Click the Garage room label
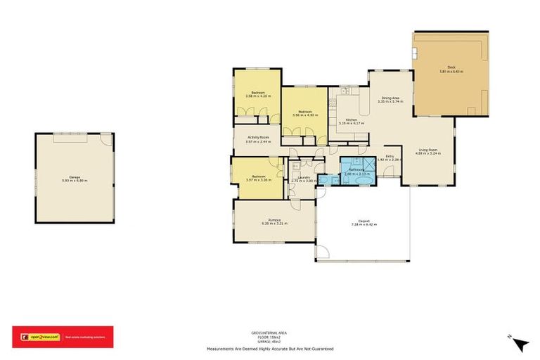click(x=74, y=176)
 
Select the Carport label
click(x=364, y=221)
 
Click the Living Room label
click(x=429, y=150)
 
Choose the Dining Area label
click(x=390, y=98)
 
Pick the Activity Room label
click(x=257, y=138)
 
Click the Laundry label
click(x=304, y=177)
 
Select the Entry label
click(x=389, y=156)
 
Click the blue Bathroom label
click(x=353, y=169)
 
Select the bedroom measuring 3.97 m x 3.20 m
click(x=258, y=176)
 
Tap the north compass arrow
click(x=521, y=345)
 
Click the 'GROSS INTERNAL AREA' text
click(x=269, y=331)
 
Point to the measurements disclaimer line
click(x=269, y=349)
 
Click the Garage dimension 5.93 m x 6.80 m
click(x=74, y=181)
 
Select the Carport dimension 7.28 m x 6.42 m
click(x=364, y=225)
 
